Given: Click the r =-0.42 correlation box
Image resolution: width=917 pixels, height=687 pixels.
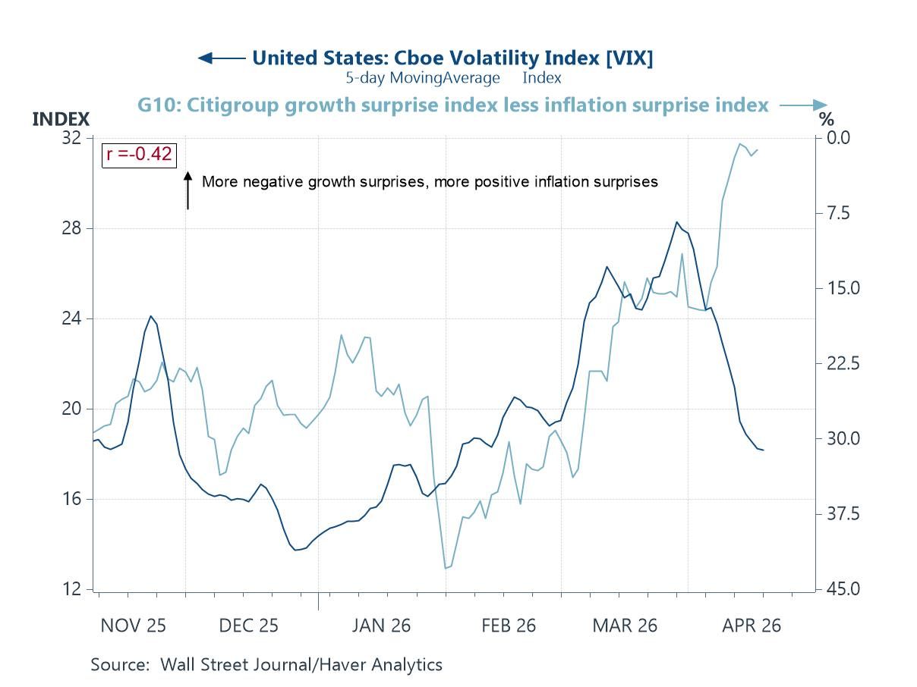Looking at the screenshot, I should [x=139, y=155].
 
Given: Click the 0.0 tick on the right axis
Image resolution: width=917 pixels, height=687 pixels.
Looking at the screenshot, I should [x=839, y=138].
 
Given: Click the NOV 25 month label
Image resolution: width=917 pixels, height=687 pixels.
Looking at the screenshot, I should [x=134, y=626].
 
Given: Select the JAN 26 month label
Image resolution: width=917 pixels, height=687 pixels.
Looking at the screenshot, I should [x=381, y=626].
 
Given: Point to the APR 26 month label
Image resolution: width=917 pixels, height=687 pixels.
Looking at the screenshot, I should [x=751, y=626].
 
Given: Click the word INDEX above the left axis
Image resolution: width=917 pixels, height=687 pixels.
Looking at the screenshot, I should [x=61, y=119].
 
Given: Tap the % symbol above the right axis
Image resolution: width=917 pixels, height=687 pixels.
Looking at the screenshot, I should [x=826, y=119].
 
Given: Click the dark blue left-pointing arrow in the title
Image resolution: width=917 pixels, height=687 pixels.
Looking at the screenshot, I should [x=220, y=58].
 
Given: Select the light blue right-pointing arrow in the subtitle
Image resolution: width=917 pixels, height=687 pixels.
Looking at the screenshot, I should [x=803, y=105].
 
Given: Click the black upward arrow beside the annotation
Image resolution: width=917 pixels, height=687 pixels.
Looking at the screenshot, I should [x=187, y=190].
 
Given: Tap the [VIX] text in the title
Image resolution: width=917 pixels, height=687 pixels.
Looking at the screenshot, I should [x=629, y=58].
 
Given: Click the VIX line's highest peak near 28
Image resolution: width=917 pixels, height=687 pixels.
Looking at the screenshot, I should [x=676, y=222].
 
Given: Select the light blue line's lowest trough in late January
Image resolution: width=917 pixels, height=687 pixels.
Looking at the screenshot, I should [x=446, y=568].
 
